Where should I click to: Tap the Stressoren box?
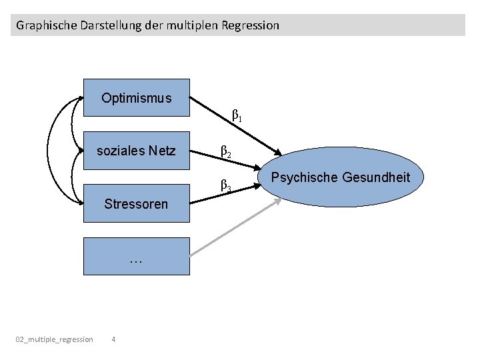(136, 204)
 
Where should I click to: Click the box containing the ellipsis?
(136, 257)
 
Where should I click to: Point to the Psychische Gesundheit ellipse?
(340, 178)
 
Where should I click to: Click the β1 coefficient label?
(236, 117)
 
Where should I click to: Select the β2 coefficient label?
(226, 152)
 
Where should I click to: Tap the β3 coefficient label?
(226, 185)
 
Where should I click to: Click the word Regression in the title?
(253, 26)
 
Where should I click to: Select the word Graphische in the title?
(42, 26)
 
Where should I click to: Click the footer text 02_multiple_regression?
(55, 340)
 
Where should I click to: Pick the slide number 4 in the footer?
(113, 340)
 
